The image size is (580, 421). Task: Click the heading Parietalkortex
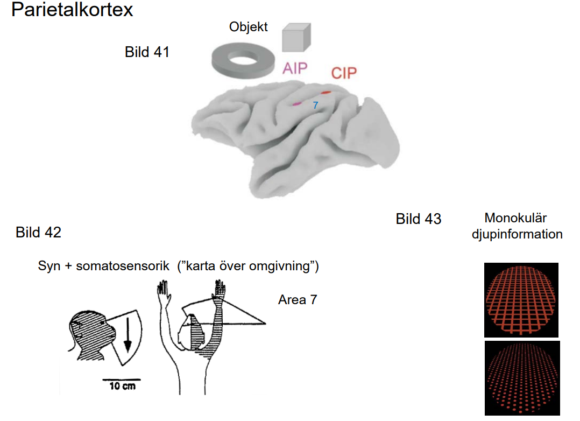pos(72,10)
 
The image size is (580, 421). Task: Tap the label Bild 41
pos(147,52)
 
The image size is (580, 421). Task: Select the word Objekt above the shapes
pos(249,27)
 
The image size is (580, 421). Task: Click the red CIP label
pos(343,73)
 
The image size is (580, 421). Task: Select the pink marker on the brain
pos(297,103)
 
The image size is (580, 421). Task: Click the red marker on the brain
pos(326,93)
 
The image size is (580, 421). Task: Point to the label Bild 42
pos(38,233)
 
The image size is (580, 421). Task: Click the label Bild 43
pos(419,219)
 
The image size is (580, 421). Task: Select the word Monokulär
pos(515,218)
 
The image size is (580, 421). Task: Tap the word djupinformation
pos(517,234)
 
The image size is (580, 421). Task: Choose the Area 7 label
pos(298,299)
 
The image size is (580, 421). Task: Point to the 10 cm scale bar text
pos(122,386)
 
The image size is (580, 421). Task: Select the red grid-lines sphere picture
pos(521,300)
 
